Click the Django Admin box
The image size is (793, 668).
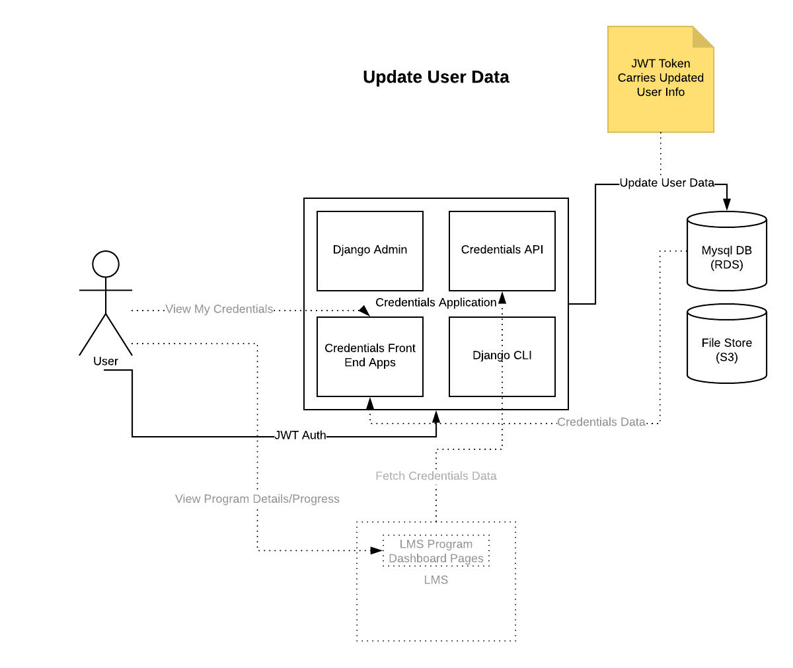(x=370, y=250)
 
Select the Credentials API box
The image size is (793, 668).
(x=502, y=250)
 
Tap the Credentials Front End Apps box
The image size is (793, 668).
(x=370, y=356)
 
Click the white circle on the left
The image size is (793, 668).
(x=106, y=264)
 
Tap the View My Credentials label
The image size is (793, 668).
(x=219, y=309)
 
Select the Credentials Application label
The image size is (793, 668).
(x=435, y=303)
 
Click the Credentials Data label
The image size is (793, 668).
(x=601, y=422)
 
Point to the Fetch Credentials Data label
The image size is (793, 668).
(x=435, y=476)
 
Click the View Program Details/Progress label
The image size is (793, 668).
(x=257, y=499)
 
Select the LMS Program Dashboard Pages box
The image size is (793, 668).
(x=436, y=551)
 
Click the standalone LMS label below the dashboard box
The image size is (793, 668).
(x=436, y=580)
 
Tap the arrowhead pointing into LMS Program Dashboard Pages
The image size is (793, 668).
(x=377, y=550)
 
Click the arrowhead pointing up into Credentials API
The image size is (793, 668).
(x=502, y=297)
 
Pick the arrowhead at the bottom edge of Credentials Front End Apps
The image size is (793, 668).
(x=370, y=403)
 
